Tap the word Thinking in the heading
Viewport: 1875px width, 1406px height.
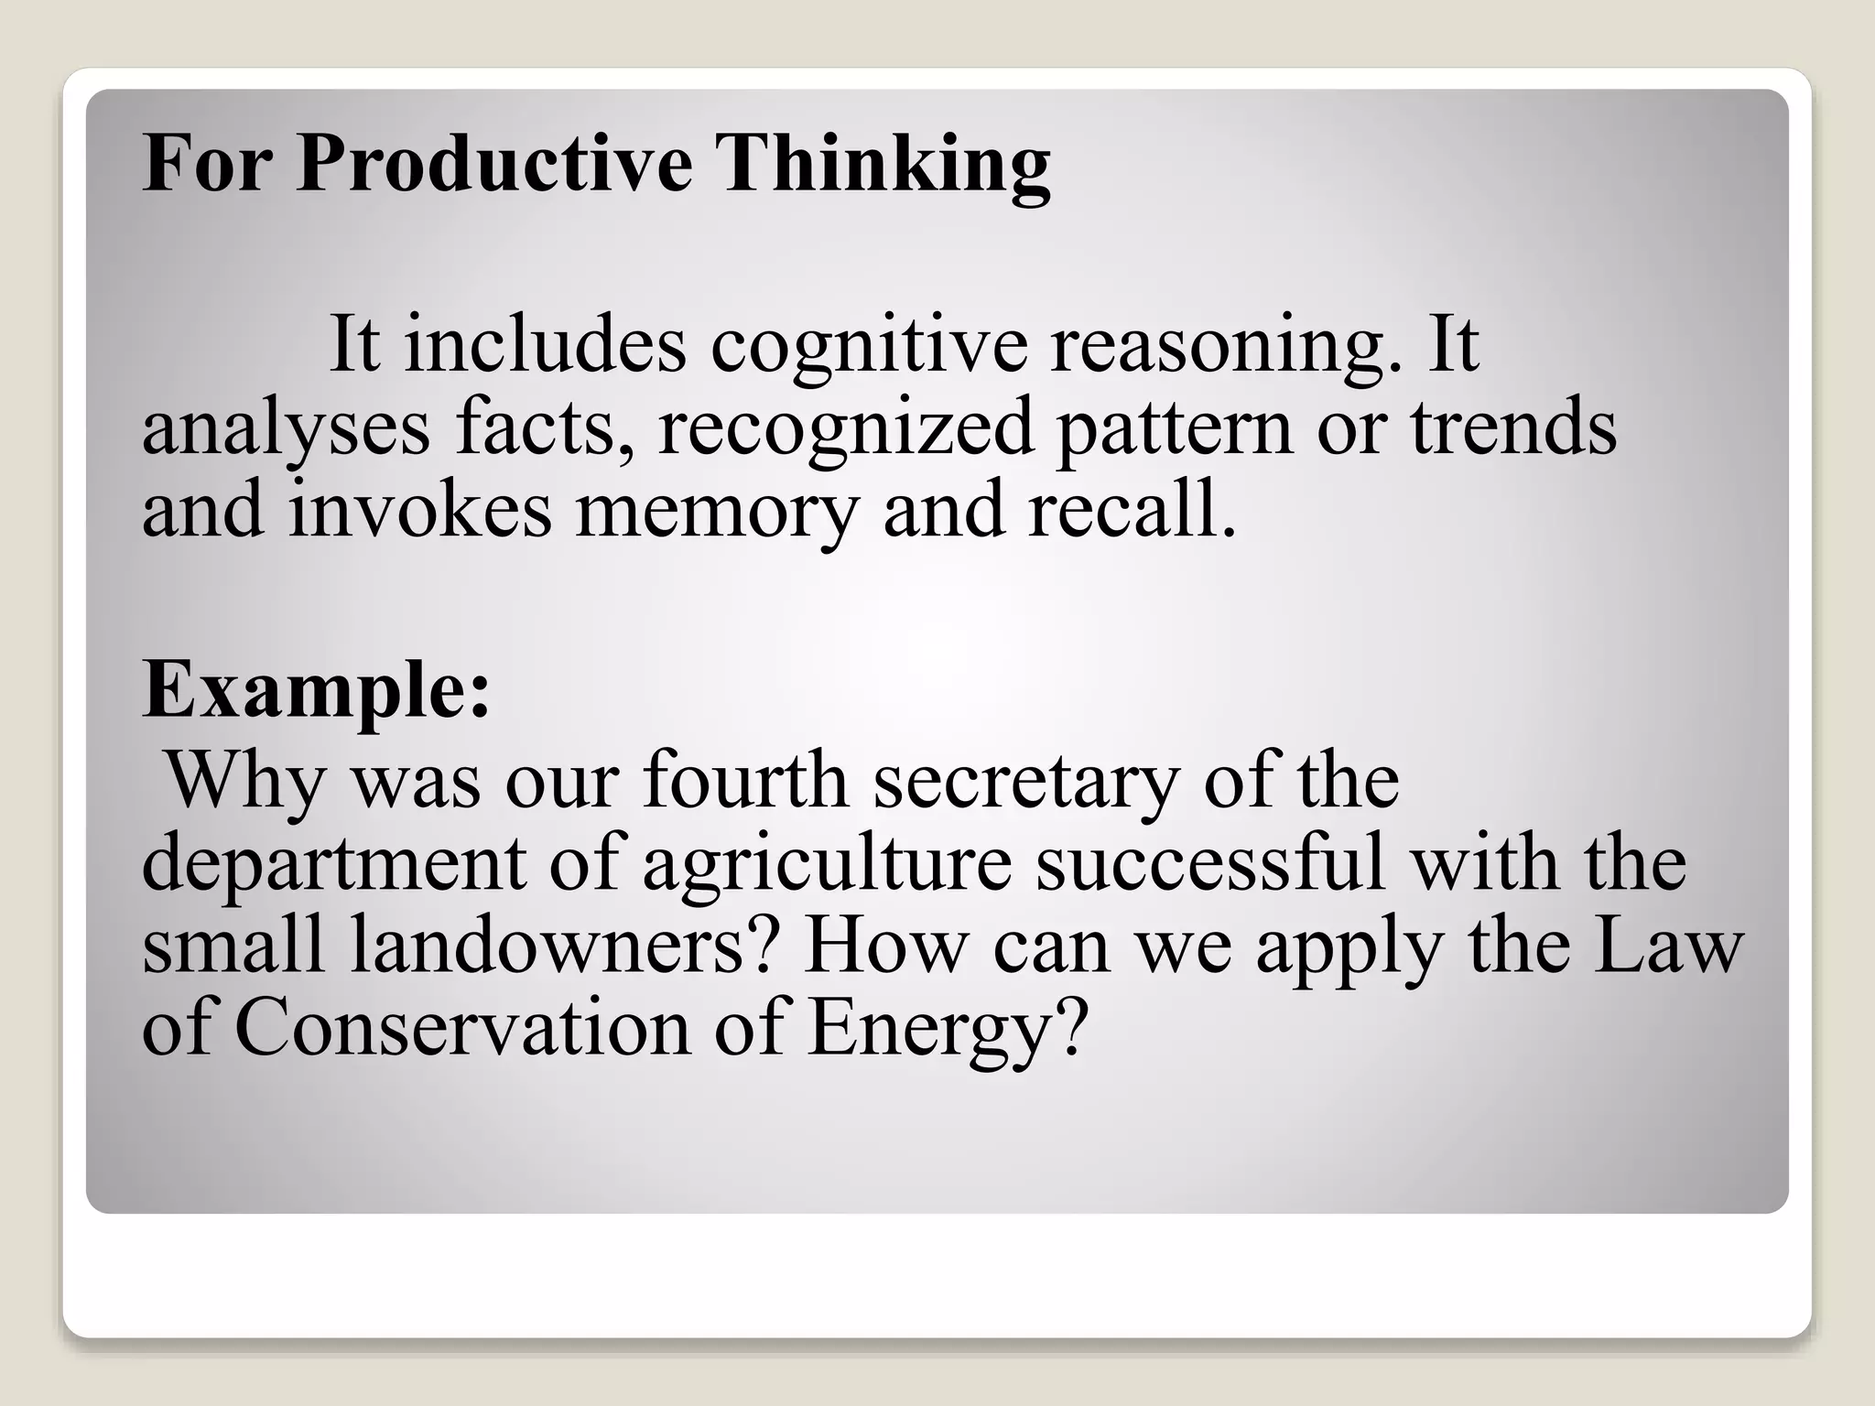pyautogui.click(x=885, y=165)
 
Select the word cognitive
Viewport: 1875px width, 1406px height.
pyautogui.click(x=869, y=346)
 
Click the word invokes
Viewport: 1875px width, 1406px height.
pyautogui.click(x=420, y=511)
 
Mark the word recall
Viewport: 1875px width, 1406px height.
pyautogui.click(x=1131, y=511)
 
